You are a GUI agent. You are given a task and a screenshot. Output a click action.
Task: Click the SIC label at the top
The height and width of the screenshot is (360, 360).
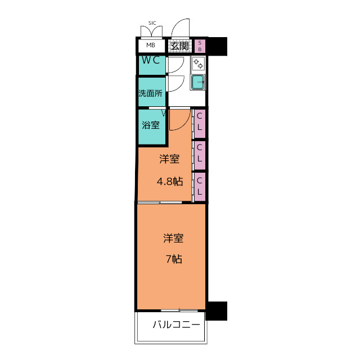[x=152, y=23]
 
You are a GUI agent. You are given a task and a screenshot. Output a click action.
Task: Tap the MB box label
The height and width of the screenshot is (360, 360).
[x=151, y=46]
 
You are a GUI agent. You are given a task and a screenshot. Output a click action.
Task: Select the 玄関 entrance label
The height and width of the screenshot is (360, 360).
[x=180, y=46]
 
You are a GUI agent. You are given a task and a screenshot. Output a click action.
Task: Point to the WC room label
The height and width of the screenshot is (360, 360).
[x=152, y=60]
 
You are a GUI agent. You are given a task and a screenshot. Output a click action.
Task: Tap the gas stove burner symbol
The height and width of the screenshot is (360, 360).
[x=198, y=63]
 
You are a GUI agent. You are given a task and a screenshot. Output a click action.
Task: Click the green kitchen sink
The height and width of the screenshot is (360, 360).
[x=198, y=82]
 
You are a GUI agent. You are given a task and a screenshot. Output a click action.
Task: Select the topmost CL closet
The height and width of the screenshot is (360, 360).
[x=200, y=123]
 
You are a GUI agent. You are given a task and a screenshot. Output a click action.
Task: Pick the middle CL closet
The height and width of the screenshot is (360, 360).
[x=200, y=154]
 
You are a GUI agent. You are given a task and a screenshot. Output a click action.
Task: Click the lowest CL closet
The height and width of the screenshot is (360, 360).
[x=200, y=187]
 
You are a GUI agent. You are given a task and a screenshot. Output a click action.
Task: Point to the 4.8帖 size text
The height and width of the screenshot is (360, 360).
[x=169, y=181]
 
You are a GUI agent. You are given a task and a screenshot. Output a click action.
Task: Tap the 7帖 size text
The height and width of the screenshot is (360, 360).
[x=173, y=259]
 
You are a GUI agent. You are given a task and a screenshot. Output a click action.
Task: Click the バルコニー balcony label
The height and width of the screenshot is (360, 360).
[x=176, y=325]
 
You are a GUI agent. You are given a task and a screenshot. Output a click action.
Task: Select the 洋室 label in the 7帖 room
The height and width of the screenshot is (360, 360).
[x=173, y=238]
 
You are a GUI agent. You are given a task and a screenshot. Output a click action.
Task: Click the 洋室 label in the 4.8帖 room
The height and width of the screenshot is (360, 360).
[x=169, y=159]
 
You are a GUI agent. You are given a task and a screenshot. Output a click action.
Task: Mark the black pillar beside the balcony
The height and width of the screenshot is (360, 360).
[x=217, y=310]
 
